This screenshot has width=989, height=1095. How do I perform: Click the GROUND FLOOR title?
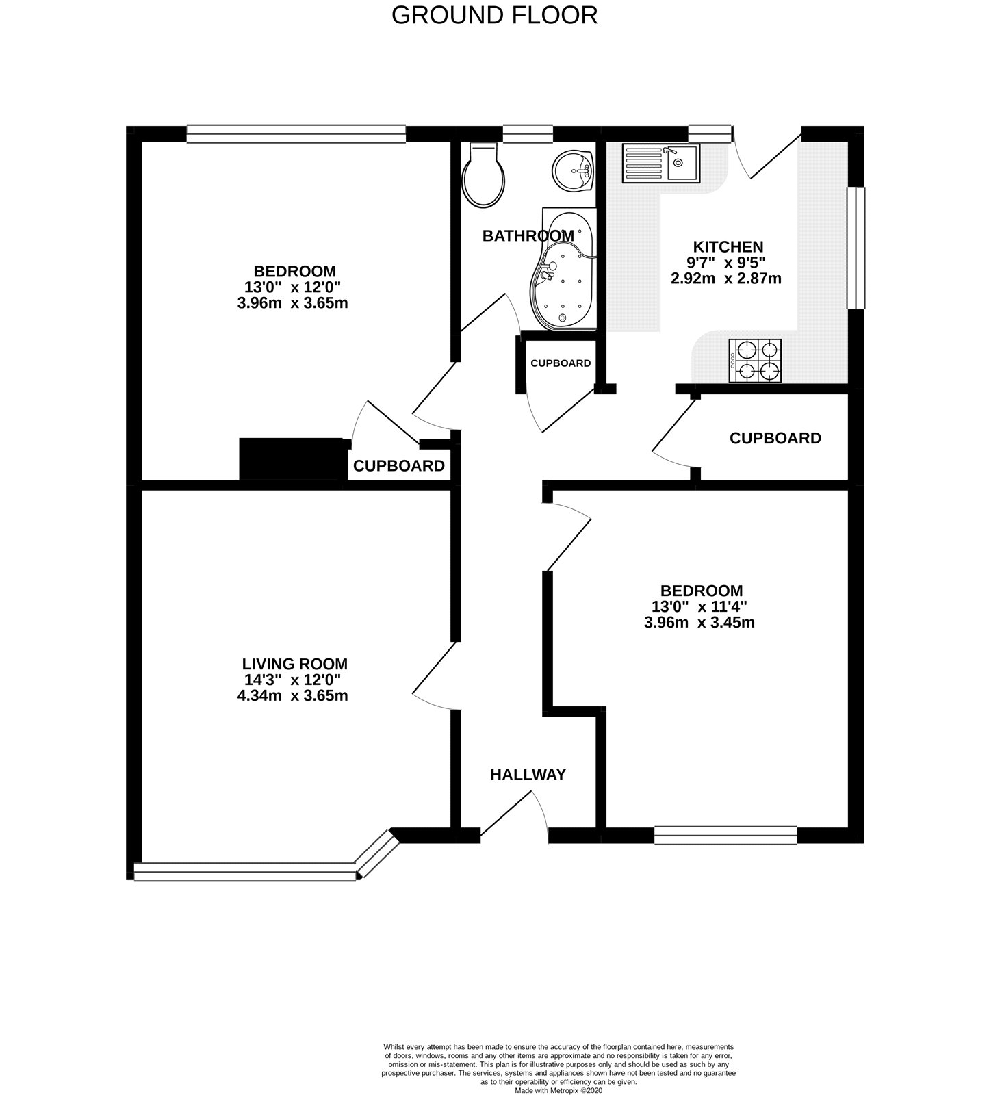(494, 15)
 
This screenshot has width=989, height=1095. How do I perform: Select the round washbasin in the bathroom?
(573, 169)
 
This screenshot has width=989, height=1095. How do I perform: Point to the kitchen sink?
(660, 164)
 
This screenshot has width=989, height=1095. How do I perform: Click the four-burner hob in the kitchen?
(755, 361)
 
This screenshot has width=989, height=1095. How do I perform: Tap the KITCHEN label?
(728, 246)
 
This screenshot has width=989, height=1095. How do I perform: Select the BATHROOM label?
(528, 236)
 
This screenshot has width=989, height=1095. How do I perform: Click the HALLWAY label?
(528, 775)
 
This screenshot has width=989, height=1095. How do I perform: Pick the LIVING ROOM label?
(295, 664)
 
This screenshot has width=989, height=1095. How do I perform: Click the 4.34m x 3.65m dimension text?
(293, 696)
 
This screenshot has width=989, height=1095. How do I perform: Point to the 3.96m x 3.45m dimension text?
(699, 623)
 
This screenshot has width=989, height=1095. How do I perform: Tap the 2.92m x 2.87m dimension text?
(726, 279)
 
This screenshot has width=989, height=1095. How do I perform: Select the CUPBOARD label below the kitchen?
(775, 438)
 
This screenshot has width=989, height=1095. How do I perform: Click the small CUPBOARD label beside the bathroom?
(561, 363)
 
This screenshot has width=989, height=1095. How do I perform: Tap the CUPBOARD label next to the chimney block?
(399, 466)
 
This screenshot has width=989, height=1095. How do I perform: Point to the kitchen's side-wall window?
(856, 248)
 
